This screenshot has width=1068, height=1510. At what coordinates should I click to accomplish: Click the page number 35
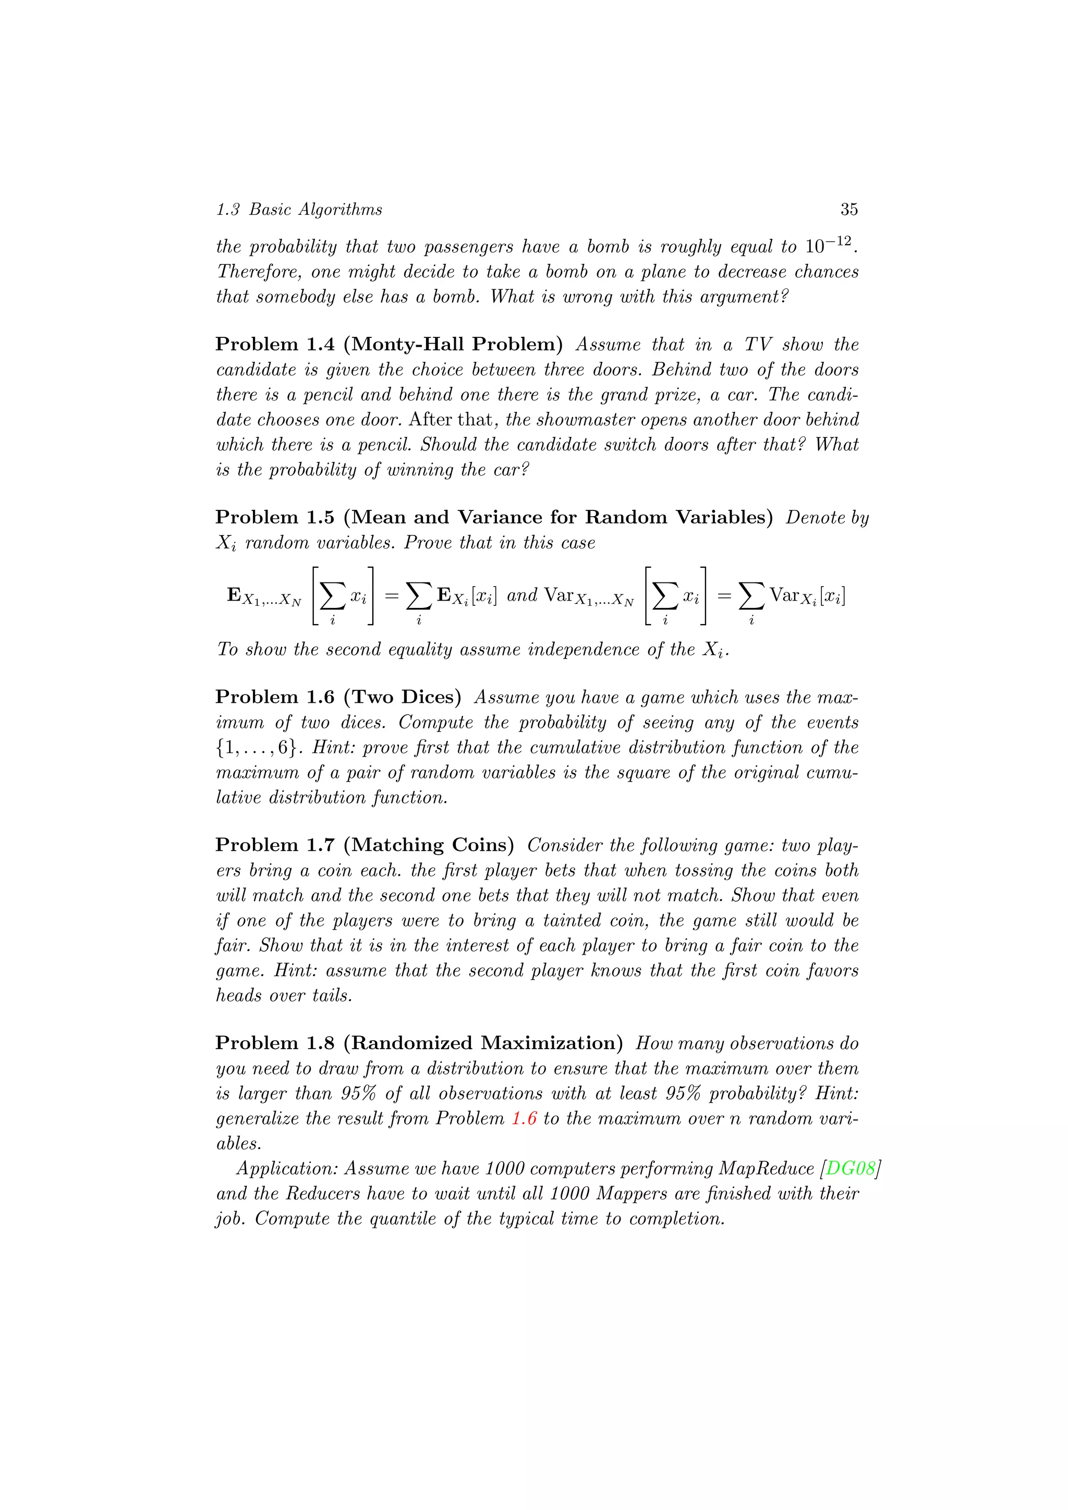(848, 209)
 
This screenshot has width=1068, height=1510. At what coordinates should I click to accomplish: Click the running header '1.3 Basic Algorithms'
(299, 209)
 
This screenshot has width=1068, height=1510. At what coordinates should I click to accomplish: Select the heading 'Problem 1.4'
(275, 344)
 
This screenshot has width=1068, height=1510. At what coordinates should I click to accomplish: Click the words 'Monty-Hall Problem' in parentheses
(453, 344)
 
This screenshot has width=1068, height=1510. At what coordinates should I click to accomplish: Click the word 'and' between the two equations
(522, 595)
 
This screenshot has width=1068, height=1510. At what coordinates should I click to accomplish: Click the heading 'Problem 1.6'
(275, 697)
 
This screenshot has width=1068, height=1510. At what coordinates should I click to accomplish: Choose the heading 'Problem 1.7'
(275, 845)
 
